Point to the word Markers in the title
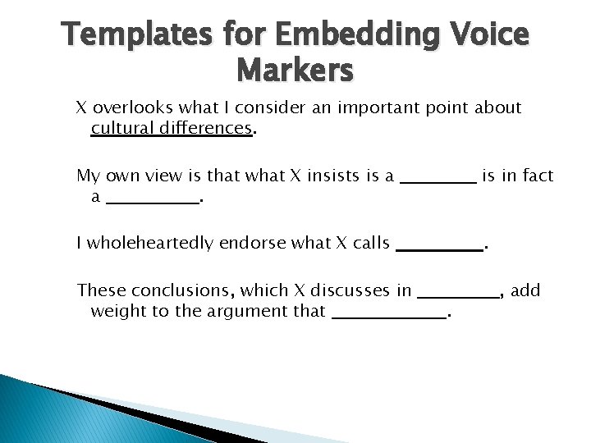click(295, 71)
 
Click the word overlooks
click(130, 108)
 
